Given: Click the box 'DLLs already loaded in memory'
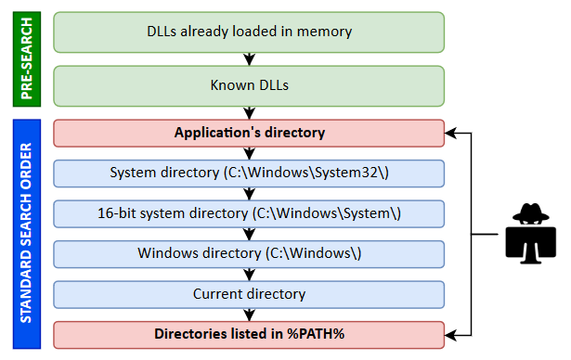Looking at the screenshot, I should coord(249,32).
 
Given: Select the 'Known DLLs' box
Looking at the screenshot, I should coord(249,85).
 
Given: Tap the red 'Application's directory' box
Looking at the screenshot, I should coord(249,133).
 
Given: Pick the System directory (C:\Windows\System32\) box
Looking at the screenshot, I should coord(249,173).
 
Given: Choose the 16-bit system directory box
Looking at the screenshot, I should coord(249,213).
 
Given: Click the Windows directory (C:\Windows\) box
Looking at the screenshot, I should coord(249,253).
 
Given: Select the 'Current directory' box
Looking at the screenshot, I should coord(249,294).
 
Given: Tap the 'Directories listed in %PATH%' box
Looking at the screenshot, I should coord(249,333).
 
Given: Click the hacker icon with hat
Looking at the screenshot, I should coord(530,233).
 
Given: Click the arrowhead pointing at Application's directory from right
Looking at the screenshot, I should coord(452,133).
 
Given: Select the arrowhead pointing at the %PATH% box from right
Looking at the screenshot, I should coord(452,333).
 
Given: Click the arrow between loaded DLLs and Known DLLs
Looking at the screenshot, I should coord(249,58).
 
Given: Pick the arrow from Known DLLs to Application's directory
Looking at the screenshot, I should coord(249,112).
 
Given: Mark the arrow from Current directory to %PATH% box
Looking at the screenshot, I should coord(249,315).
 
